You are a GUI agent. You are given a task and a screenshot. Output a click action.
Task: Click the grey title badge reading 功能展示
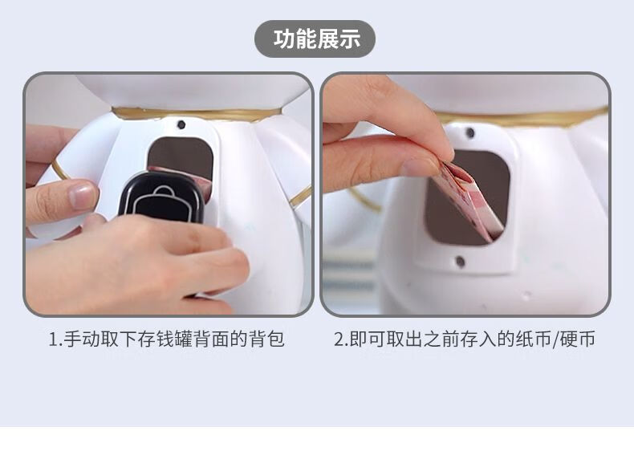[315, 39]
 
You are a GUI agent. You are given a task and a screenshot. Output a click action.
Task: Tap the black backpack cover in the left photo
[162, 197]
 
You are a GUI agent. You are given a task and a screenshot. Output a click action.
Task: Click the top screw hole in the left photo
[181, 124]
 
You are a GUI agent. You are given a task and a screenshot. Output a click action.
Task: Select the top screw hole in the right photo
[469, 132]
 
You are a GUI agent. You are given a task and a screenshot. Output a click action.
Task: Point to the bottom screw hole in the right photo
[460, 262]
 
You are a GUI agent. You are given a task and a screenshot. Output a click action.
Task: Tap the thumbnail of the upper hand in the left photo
[83, 195]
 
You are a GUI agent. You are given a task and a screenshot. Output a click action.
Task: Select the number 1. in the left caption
[55, 339]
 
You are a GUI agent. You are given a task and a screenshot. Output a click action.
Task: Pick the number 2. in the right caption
[341, 339]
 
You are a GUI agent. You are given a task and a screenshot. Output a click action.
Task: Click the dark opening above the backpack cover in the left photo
[181, 155]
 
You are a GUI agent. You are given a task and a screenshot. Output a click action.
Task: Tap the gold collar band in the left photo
[197, 114]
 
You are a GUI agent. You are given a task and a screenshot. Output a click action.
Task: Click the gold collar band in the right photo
[522, 118]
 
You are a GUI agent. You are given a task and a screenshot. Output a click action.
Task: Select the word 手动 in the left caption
[82, 339]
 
